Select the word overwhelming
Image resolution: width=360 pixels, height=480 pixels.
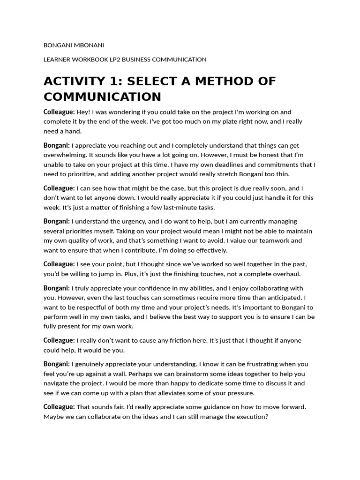coord(64,155)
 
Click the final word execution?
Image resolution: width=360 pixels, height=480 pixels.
coord(250,417)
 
